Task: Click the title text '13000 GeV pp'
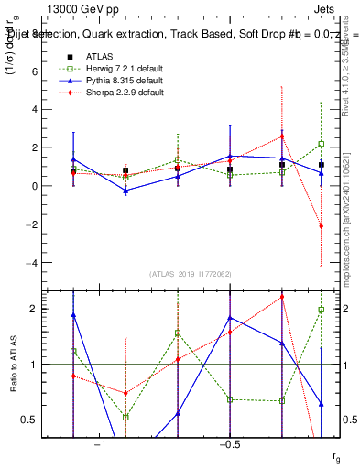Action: (78, 8)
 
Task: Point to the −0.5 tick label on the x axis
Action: (229, 444)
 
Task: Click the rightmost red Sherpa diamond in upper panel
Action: (322, 225)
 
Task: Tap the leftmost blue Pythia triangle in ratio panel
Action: (73, 315)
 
